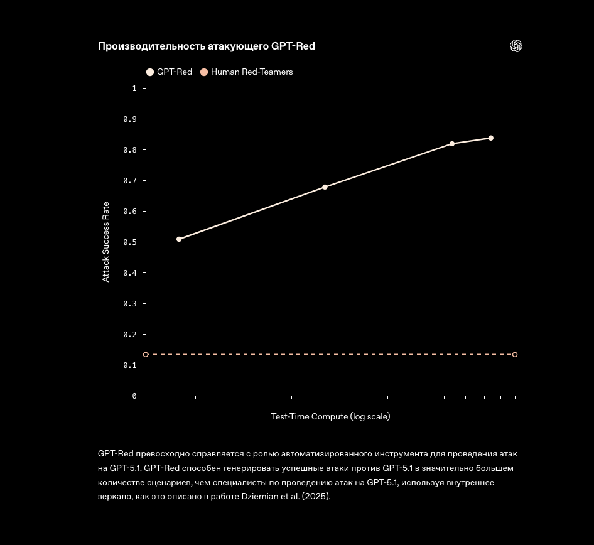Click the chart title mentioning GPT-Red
coord(207,46)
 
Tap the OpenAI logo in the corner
coord(516,46)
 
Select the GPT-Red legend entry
coord(170,72)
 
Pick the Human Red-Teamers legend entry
coord(247,72)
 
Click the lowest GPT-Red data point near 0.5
coord(179,239)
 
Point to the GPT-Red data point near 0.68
coord(325,187)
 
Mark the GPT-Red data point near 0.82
coord(452,144)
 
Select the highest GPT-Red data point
coord(491,138)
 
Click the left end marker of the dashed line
coord(146,355)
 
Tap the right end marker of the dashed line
coord(515,355)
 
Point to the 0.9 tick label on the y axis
coord(130,119)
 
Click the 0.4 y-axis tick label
coord(130,273)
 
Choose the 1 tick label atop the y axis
coord(134,89)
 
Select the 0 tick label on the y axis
coord(134,396)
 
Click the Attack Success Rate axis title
coord(105,242)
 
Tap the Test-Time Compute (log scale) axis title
coord(331,417)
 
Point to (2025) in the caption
coord(316,496)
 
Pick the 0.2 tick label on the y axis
coord(130,335)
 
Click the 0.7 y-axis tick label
coord(130,181)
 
